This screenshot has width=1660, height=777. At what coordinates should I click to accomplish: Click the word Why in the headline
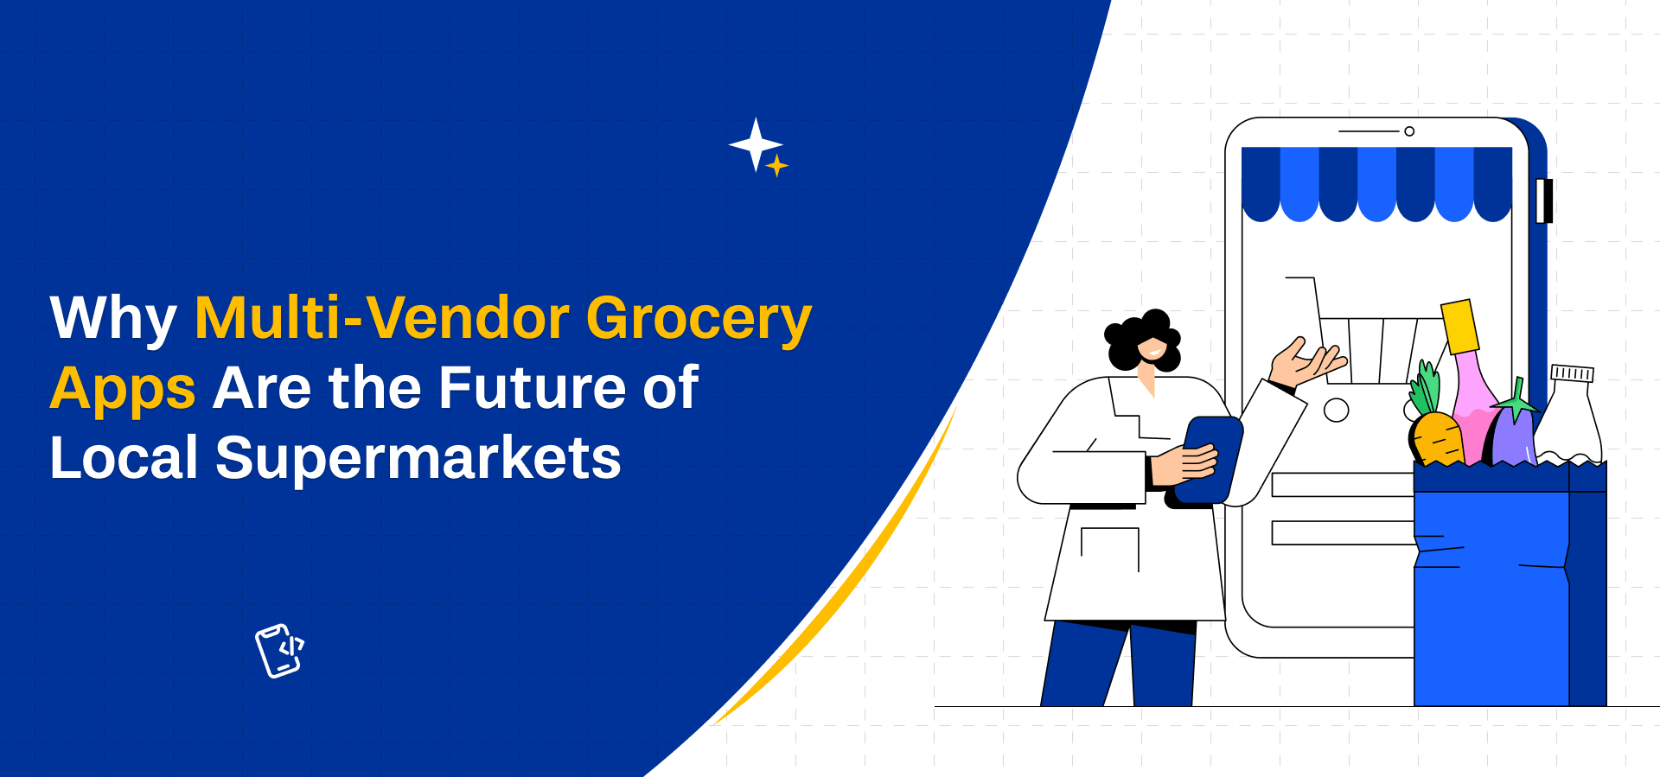coord(113,319)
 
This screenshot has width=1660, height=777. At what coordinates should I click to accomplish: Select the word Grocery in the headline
coord(699,319)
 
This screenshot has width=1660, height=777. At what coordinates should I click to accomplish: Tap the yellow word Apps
coord(123,389)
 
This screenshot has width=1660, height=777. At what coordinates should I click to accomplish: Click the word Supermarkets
coord(418,458)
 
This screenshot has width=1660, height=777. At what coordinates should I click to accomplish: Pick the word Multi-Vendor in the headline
coord(382,317)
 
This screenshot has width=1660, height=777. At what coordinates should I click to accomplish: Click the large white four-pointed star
coord(756,144)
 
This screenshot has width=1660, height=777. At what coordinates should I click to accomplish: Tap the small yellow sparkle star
coord(777,165)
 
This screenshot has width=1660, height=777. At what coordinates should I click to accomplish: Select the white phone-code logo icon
coord(279,651)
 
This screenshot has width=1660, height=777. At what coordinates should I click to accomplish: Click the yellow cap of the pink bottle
coord(1459,326)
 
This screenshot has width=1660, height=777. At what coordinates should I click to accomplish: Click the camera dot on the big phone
coord(1409,131)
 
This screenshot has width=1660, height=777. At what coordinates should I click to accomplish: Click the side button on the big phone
coord(1544,201)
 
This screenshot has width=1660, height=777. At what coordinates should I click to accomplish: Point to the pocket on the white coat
coord(1110,550)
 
